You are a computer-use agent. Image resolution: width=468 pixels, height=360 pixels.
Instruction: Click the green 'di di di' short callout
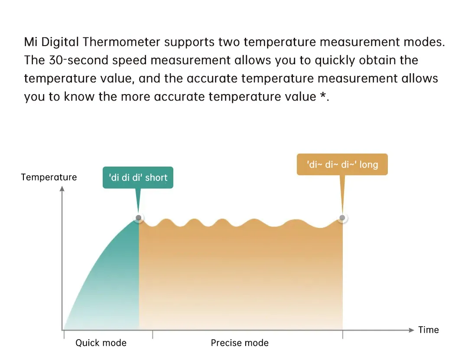138,177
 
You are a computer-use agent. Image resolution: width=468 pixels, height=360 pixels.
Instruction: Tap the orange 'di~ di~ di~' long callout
342,164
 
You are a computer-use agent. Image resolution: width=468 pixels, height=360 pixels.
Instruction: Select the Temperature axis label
49,177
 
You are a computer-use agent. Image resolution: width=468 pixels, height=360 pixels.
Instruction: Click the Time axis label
428,330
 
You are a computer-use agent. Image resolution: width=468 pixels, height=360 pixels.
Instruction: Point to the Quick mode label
101,343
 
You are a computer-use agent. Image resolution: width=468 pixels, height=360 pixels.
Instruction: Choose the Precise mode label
240,343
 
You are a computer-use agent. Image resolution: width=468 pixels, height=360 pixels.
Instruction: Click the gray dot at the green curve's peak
139,217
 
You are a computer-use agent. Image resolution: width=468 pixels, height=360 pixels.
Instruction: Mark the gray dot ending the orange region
342,218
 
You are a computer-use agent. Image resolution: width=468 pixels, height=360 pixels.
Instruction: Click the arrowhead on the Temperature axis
62,189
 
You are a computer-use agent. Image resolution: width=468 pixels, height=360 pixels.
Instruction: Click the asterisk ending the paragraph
323,95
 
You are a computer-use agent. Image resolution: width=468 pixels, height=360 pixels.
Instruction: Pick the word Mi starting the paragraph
30,42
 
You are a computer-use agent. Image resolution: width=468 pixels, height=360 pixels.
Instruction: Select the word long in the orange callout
369,165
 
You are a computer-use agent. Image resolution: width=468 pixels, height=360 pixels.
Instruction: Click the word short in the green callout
156,178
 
